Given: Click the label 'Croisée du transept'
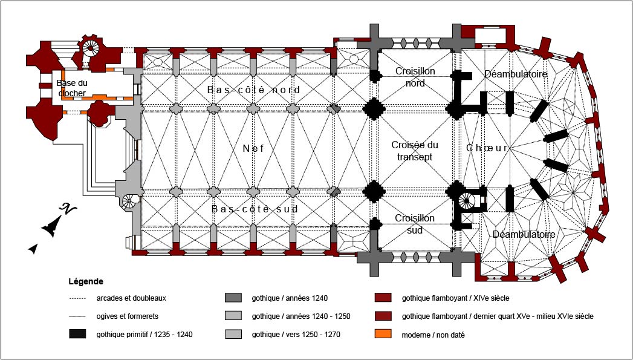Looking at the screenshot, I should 414,151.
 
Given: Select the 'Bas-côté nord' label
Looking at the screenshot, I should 253,90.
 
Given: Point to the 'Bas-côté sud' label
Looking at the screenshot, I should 255,209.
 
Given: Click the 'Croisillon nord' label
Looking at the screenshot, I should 415,77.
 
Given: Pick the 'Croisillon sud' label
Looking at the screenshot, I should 415,224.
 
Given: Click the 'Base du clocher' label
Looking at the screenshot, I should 72,88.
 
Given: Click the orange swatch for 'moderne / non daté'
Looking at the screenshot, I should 383,334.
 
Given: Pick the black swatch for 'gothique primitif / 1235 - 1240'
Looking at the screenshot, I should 78,334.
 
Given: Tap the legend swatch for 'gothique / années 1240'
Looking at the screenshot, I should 233,298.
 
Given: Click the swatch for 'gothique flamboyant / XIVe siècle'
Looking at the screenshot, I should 383,298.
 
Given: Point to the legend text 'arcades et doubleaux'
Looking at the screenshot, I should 131,298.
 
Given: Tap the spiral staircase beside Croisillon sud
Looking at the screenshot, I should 467,201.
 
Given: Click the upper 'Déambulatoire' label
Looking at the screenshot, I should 516,74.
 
